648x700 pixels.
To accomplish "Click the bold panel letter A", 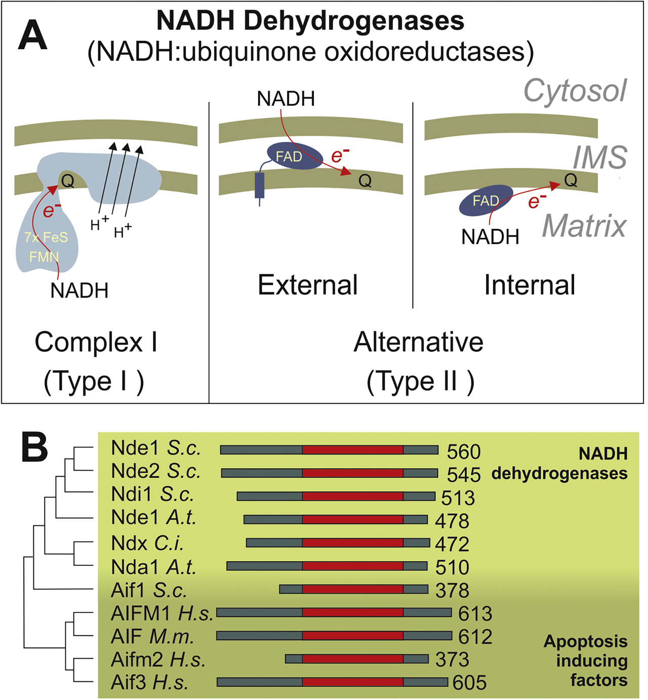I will click(x=32, y=36).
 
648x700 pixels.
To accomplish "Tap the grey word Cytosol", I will click(x=575, y=91).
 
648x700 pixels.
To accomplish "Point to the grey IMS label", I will click(x=600, y=157).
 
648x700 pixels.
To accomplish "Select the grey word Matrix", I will click(x=584, y=226).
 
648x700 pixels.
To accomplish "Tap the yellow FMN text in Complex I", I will click(x=44, y=257).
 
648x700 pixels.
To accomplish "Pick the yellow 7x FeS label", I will click(x=46, y=237).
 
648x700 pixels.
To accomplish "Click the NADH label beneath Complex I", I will click(x=79, y=291).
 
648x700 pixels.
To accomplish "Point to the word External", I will click(x=308, y=285).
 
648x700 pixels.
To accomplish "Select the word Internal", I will click(x=530, y=285).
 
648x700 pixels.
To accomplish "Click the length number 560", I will click(x=463, y=451).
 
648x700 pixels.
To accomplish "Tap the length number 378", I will click(x=452, y=590).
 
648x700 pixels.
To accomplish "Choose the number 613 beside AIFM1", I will click(x=475, y=613).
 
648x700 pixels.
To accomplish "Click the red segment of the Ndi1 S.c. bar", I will click(x=353, y=496).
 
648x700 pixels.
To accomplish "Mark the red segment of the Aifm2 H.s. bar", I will click(x=353, y=658).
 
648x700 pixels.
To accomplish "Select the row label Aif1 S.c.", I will click(x=149, y=590).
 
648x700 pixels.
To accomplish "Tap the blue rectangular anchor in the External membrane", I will click(x=260, y=185).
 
